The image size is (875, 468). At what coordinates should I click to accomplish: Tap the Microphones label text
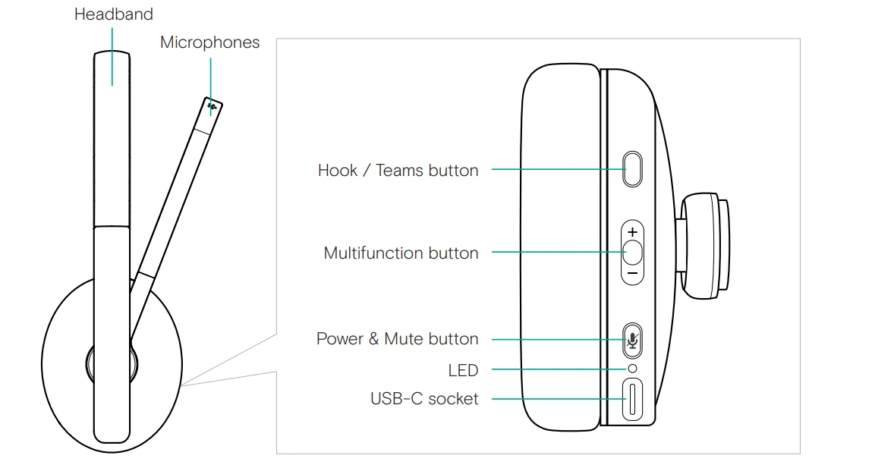[209, 42]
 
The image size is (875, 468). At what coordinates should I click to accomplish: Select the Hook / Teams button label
[398, 170]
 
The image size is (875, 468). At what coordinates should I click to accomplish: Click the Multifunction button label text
[401, 253]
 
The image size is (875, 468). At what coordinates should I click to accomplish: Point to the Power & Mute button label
[397, 339]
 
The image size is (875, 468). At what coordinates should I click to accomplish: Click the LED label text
[463, 370]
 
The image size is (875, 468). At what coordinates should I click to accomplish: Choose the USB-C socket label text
[424, 397]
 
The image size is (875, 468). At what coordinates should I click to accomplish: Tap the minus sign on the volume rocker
[632, 272]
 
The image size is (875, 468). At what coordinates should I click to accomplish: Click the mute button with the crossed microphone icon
[632, 340]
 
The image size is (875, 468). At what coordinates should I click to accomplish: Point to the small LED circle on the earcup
[632, 369]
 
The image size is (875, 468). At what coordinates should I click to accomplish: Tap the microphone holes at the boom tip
[212, 107]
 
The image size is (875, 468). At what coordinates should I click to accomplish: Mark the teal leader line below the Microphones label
[210, 76]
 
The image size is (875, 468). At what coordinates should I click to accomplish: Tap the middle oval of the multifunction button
[632, 251]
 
